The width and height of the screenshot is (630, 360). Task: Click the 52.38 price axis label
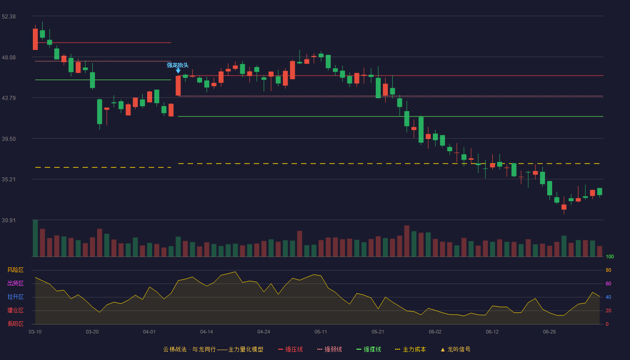click(9, 17)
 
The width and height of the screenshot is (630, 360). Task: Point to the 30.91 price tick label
click(9, 220)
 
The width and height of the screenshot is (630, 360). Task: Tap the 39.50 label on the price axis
click(9, 139)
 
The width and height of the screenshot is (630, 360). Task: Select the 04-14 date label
click(207, 332)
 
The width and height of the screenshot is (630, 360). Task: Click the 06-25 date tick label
click(549, 332)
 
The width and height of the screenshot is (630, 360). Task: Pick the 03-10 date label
click(35, 332)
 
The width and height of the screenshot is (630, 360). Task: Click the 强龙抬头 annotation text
click(177, 65)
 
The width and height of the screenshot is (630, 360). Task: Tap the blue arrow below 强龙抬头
click(178, 71)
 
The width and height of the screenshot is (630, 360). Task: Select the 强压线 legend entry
click(291, 349)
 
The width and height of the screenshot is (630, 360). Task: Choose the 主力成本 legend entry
click(410, 349)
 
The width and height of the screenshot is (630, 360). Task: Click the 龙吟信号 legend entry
click(455, 349)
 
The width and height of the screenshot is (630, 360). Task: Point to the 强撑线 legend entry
click(369, 349)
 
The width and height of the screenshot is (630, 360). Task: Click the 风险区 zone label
click(15, 270)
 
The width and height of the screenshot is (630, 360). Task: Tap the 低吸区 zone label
click(15, 324)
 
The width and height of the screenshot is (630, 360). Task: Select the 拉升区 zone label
click(15, 297)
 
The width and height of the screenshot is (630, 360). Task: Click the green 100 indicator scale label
click(610, 256)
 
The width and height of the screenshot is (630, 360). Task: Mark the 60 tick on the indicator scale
click(608, 283)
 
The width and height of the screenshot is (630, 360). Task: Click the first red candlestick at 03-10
click(35, 39)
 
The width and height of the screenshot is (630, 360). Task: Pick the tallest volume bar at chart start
click(35, 238)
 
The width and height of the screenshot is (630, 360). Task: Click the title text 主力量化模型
click(246, 349)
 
